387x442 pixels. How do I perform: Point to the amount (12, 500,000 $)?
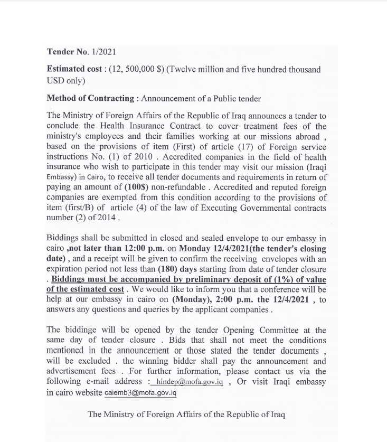click(x=136, y=69)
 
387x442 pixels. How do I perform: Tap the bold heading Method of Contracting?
click(x=90, y=98)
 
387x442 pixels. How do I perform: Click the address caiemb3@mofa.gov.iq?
click(x=140, y=393)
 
